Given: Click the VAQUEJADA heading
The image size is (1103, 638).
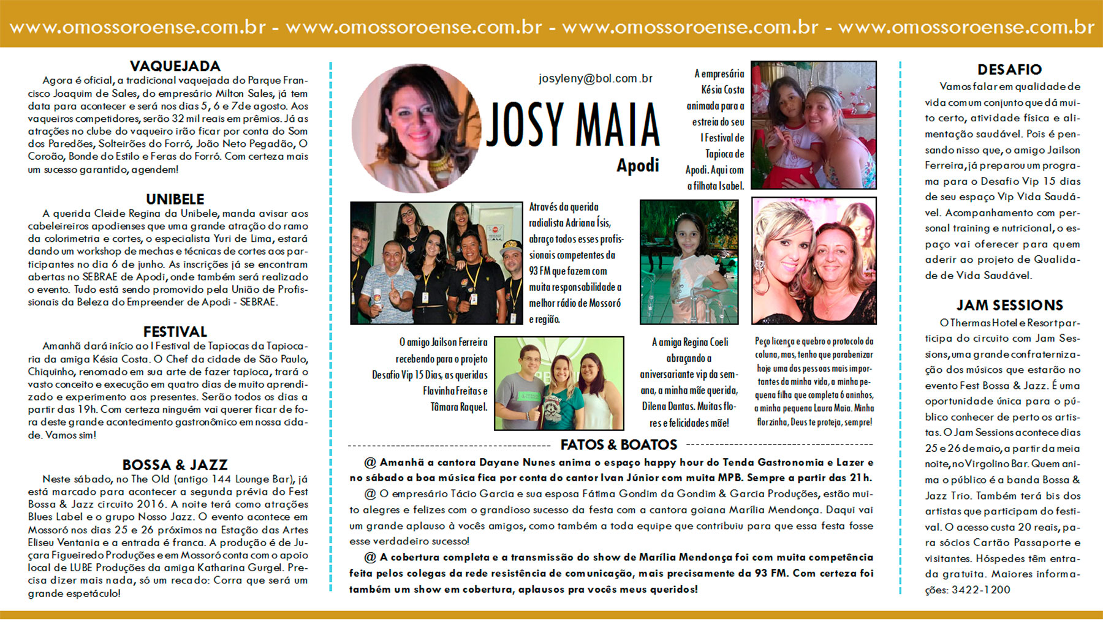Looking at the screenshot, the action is (175, 66).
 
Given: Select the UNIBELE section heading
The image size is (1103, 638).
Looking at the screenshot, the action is (175, 199).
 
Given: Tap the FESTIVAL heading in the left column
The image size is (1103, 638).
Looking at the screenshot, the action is (175, 332).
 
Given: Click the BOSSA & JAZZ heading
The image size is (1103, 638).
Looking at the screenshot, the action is (175, 465).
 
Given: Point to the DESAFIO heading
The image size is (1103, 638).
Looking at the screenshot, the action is (1009, 70).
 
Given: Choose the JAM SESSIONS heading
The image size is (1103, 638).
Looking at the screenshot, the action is (1009, 305).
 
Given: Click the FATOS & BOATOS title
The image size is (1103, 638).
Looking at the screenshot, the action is (618, 445).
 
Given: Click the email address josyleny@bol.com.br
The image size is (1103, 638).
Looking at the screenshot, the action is (595, 78).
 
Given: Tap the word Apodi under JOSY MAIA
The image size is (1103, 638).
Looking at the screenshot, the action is (637, 165).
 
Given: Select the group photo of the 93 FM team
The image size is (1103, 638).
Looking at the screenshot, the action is (436, 263).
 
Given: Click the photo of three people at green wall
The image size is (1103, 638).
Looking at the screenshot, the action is (559, 383).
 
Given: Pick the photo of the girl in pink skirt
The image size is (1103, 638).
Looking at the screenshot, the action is (689, 261).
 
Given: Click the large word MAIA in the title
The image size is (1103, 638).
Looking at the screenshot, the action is (617, 126).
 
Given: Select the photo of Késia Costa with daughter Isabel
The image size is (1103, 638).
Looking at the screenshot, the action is (813, 125).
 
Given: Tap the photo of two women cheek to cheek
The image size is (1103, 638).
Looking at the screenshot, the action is (814, 261).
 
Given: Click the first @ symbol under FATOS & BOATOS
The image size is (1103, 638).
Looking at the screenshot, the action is (370, 462).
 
